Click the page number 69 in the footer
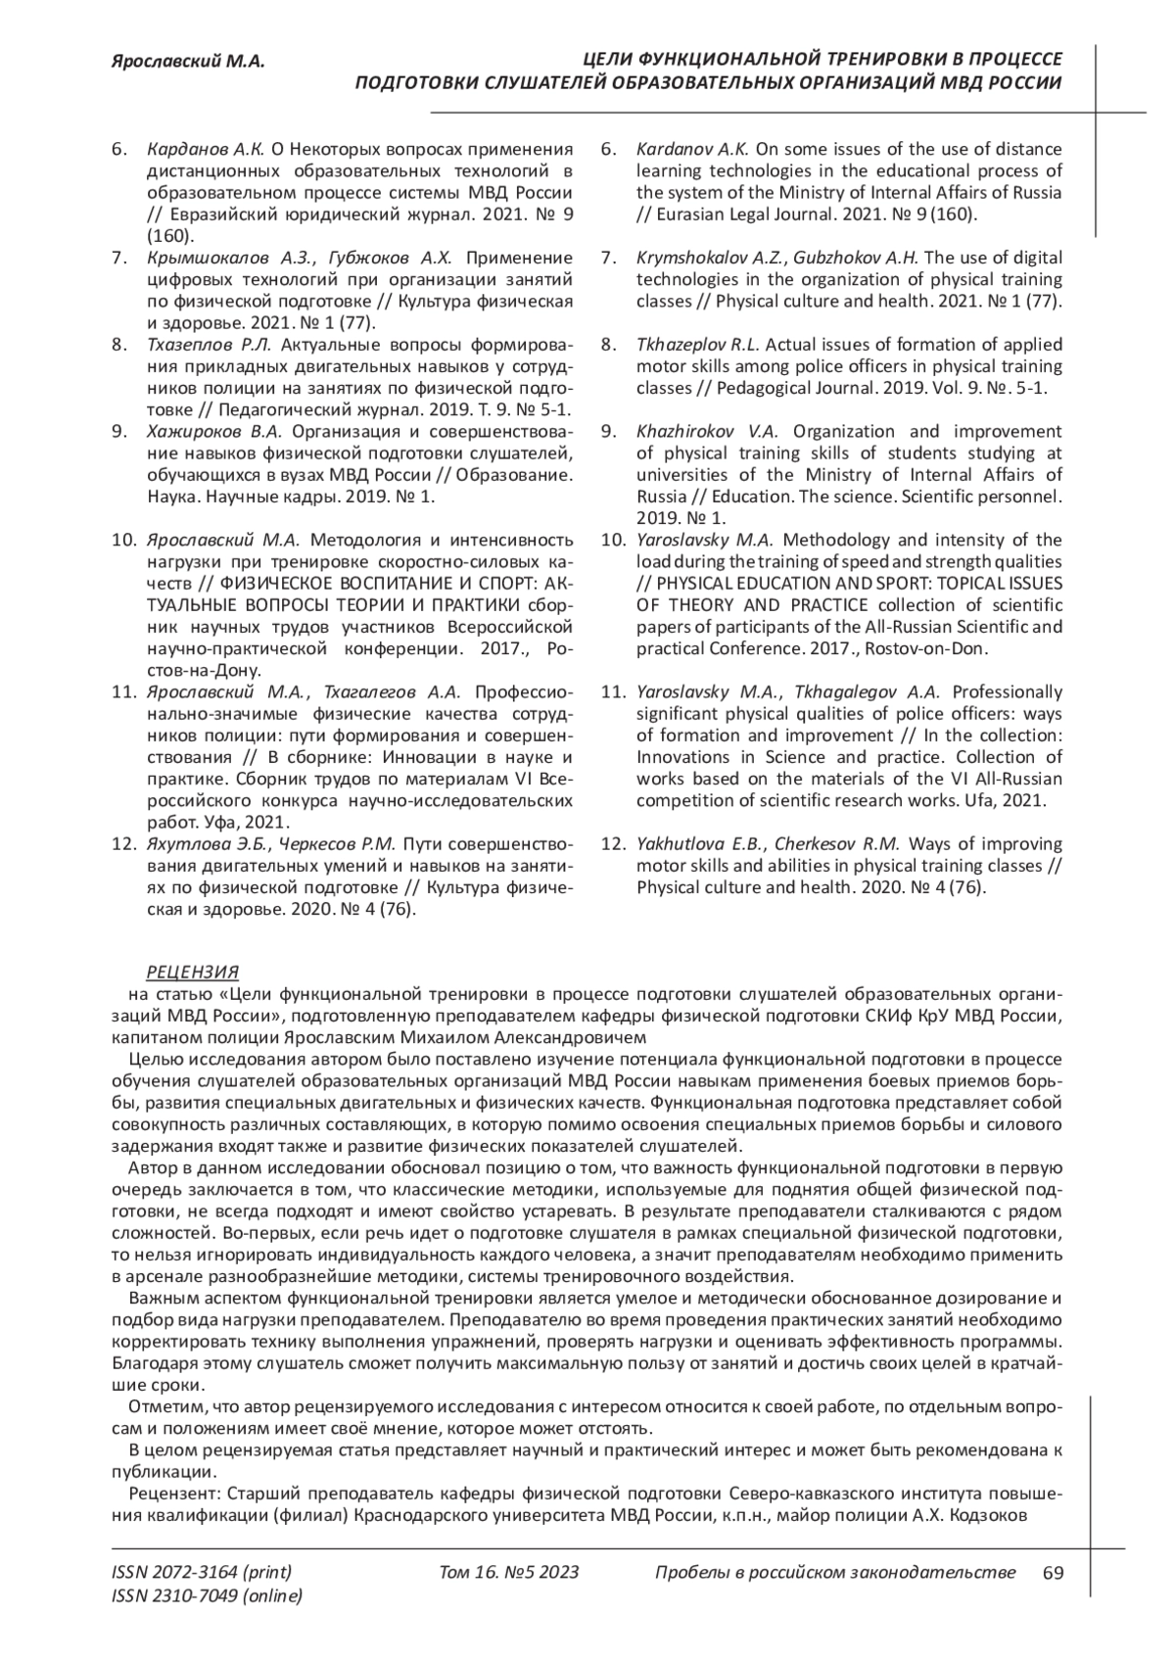click(x=1053, y=1573)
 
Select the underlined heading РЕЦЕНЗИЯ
click(x=192, y=972)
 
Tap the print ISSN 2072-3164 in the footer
click(x=202, y=1573)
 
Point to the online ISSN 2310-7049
click(x=208, y=1596)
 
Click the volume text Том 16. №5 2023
click(x=509, y=1573)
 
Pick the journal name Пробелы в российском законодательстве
click(x=833, y=1573)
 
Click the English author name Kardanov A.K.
click(x=692, y=149)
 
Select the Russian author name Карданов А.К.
click(x=206, y=149)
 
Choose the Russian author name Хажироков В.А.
click(x=213, y=431)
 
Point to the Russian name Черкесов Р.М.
click(x=337, y=844)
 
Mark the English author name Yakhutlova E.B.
click(x=699, y=844)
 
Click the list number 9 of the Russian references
click(x=118, y=431)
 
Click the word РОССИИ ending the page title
click(x=1024, y=83)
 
